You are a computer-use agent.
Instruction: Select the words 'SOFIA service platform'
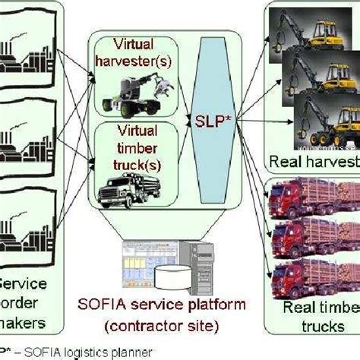point(163,305)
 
